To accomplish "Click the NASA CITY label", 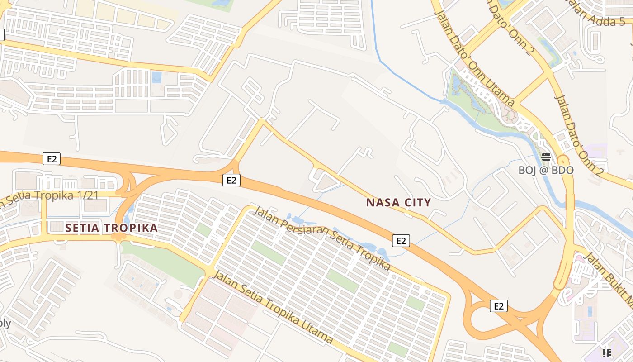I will pyautogui.click(x=398, y=202).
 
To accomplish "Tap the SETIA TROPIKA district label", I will pyautogui.click(x=112, y=228).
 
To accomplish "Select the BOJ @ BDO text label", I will pyautogui.click(x=546, y=170).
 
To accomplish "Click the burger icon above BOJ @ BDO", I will pyautogui.click(x=546, y=157).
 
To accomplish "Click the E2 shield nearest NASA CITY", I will pyautogui.click(x=401, y=241).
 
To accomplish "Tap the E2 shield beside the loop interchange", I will pyautogui.click(x=498, y=306).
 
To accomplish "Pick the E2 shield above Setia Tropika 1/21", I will pyautogui.click(x=52, y=159).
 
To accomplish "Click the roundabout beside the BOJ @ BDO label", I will pyautogui.click(x=563, y=160).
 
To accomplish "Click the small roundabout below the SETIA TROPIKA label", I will pyautogui.click(x=118, y=236).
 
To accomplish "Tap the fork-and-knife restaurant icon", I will pyautogui.click(x=606, y=353).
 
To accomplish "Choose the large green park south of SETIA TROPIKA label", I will pyautogui.click(x=163, y=262).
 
